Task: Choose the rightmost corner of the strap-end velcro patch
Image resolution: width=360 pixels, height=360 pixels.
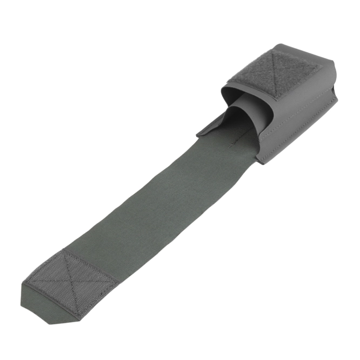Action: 120,279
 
